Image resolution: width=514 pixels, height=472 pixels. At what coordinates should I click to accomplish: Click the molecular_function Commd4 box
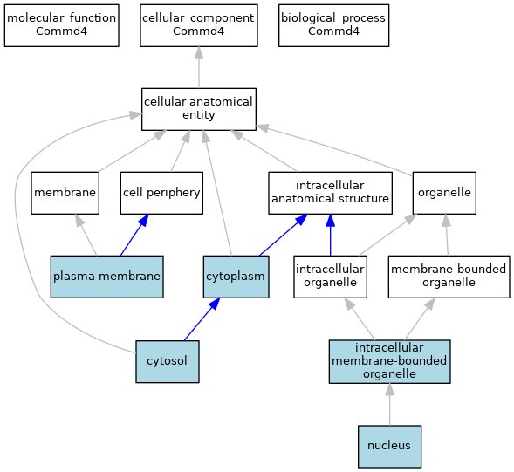point(62,25)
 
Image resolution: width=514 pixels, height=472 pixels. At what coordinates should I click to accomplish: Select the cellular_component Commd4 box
point(199,25)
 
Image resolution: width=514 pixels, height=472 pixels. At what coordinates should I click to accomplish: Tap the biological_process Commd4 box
point(333,25)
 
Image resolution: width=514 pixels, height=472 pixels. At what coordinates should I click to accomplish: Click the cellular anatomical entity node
point(199,109)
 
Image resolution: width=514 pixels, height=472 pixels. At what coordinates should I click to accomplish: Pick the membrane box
point(65,193)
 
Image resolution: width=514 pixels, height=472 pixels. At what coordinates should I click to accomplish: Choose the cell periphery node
point(161,193)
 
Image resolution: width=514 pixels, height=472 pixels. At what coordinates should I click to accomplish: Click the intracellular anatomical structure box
point(330,193)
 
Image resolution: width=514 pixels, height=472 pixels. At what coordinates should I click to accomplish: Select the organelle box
point(444,193)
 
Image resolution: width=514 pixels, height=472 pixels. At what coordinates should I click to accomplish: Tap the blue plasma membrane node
point(106,277)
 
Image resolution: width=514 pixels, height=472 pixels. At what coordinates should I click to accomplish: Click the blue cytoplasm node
point(236,277)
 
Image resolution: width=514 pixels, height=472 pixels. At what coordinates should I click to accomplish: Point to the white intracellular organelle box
point(330,277)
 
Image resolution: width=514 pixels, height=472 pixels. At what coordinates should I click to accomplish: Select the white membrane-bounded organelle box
point(449,277)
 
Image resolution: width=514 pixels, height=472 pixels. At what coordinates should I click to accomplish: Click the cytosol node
point(168,361)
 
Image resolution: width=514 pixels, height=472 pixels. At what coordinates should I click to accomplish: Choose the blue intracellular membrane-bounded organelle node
point(390,361)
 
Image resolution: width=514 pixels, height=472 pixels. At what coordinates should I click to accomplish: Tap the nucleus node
point(389,447)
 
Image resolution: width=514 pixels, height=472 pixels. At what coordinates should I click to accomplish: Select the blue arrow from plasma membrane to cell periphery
point(134,235)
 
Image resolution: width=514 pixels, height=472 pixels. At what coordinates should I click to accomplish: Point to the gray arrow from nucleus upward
point(390,405)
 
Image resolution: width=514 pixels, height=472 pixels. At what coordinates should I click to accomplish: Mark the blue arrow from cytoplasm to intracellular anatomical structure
point(284,235)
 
